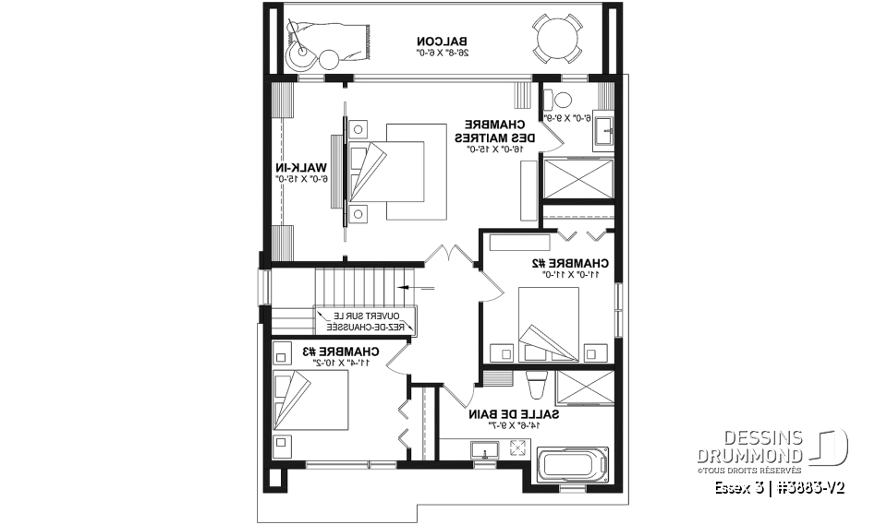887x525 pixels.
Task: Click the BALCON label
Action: [x=443, y=46]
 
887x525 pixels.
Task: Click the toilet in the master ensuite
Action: [x=560, y=102]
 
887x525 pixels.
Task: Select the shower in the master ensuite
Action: [x=578, y=178]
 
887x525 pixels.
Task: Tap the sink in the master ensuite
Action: [x=604, y=128]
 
